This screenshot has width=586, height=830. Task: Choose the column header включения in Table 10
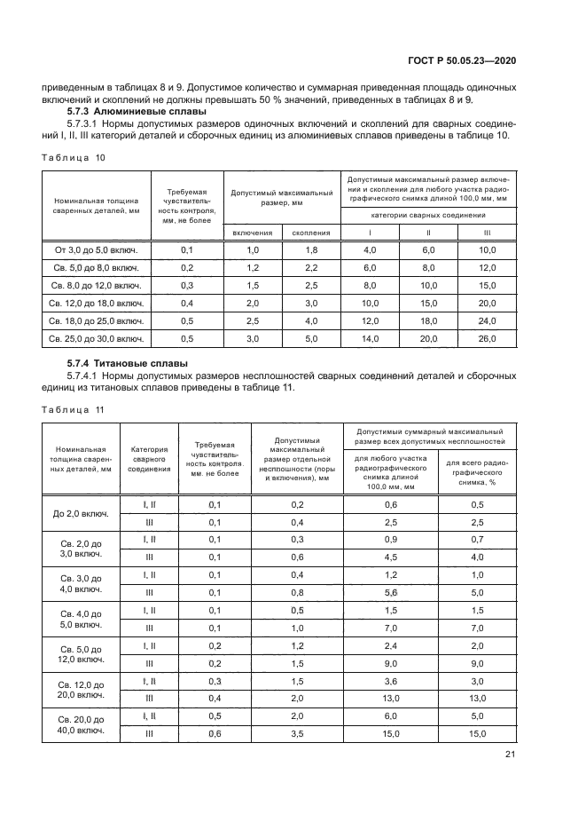point(253,233)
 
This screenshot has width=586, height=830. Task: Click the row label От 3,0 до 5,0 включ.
point(98,250)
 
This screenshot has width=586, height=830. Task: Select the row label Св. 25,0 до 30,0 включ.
point(98,339)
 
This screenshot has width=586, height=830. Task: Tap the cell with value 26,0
point(487,339)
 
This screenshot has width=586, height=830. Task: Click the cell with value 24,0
point(487,321)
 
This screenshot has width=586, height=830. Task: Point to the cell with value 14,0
point(370,339)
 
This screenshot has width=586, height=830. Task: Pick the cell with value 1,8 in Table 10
point(310,250)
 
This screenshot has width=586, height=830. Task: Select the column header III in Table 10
point(487,233)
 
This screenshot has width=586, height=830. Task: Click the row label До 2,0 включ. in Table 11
point(81,513)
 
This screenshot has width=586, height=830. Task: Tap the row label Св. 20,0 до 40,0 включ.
point(81,724)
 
